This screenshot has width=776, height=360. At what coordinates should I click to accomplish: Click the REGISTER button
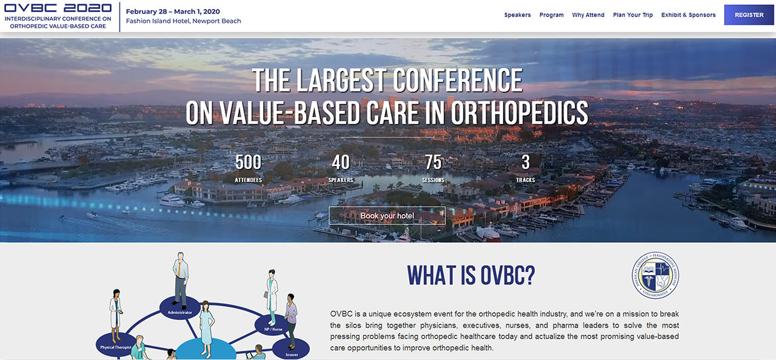click(749, 15)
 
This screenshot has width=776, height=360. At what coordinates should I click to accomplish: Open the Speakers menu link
click(517, 15)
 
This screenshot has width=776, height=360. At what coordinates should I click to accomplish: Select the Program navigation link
click(552, 15)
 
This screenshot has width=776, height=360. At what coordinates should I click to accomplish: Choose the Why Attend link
click(588, 15)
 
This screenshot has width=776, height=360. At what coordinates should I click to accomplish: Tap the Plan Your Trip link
click(633, 15)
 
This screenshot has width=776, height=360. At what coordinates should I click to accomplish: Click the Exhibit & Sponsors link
click(688, 15)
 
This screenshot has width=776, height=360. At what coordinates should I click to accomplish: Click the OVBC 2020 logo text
click(58, 8)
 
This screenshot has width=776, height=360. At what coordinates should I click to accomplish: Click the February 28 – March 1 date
click(173, 12)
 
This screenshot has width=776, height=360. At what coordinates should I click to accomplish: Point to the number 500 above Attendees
click(248, 162)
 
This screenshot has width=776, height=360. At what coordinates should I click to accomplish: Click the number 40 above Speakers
click(341, 162)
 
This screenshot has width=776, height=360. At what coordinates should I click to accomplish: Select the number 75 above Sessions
click(433, 162)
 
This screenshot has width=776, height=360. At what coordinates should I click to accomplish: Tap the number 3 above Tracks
click(526, 162)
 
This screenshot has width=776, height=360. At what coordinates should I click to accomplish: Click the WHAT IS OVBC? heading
click(470, 275)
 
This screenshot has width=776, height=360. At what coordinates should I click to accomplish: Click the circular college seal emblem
click(655, 276)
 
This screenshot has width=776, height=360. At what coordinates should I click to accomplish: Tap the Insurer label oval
click(290, 349)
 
